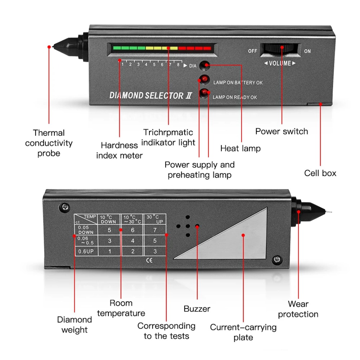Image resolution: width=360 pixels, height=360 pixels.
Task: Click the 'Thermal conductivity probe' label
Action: pos(49,143)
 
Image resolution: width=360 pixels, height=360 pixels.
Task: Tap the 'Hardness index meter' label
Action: pos(119,150)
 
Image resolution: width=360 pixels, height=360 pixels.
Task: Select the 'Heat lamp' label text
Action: pos(240,148)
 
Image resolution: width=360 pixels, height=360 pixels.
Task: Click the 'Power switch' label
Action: pos(281,131)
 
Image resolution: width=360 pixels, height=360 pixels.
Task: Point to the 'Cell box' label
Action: pos(320,173)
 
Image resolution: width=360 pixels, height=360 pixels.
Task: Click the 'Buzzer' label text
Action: pos(197,309)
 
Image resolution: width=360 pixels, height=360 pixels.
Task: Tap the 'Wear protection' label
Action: pos(298,309)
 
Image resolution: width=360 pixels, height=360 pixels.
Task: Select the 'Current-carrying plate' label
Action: pos(243,332)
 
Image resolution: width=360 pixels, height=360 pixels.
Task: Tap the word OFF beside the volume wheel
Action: pos(252,51)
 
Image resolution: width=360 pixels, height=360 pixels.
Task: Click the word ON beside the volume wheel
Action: pos(307,51)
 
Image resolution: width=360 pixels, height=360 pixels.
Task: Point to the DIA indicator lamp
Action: pos(204,65)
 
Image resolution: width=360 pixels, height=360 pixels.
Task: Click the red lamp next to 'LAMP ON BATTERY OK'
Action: pos(204,80)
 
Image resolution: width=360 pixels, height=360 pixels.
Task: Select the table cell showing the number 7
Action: pos(155,230)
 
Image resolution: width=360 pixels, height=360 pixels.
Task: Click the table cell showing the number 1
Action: pos(110,251)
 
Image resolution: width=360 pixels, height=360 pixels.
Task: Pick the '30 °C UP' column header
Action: pos(155,219)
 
